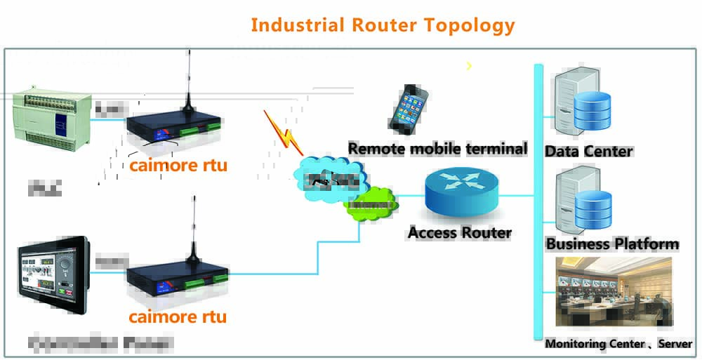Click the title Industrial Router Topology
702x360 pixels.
[383, 25]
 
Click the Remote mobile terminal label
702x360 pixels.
[437, 149]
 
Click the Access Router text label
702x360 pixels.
[460, 232]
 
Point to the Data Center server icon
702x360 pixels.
[582, 102]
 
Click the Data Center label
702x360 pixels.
[588, 151]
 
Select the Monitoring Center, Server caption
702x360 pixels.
[618, 344]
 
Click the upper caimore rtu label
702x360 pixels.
[178, 167]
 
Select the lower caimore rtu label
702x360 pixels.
[178, 316]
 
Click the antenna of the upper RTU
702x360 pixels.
[187, 77]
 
